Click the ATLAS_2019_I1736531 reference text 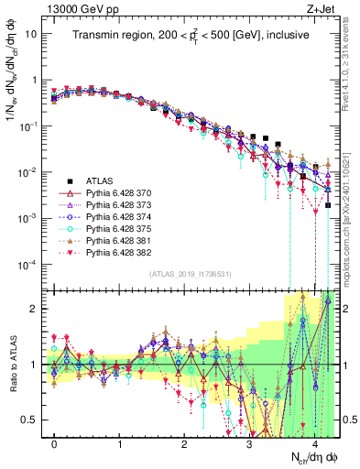(189, 274)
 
